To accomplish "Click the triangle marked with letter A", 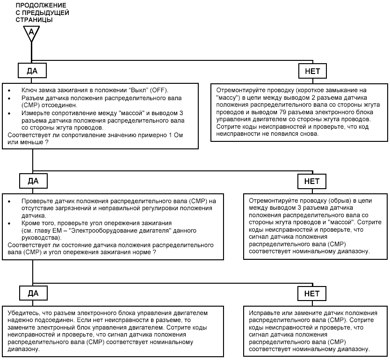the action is (32, 34).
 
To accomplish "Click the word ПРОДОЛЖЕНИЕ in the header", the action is (41, 5).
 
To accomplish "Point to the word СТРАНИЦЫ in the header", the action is (34, 20).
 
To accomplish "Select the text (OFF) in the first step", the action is (159, 90).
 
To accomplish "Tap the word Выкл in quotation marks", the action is (138, 90).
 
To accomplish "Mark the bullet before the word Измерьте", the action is (9, 114).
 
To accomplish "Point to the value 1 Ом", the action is (176, 135).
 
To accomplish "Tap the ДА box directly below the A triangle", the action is (32, 71).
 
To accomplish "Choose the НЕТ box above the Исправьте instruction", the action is (312, 294).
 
